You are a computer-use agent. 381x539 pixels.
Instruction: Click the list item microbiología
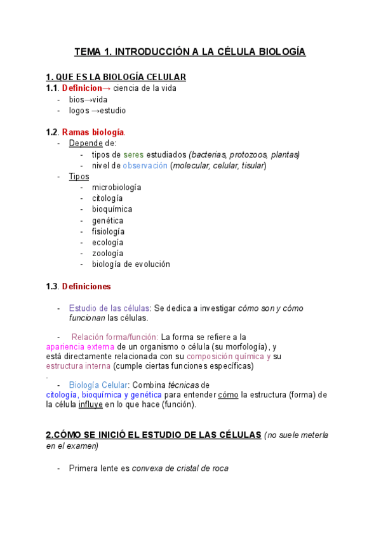116,188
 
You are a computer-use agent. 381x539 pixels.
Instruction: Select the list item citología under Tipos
107,198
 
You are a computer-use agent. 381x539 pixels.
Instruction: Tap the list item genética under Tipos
107,221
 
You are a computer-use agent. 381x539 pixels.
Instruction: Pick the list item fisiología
108,231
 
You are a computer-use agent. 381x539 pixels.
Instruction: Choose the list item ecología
107,242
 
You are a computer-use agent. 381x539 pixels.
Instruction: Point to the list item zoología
107,253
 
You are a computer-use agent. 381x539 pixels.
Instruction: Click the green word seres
133,154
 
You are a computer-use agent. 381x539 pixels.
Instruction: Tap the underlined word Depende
86,143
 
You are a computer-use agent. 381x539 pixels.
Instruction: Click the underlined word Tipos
79,176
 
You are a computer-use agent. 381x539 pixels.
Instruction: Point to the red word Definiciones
86,287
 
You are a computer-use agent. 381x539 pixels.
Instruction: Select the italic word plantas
284,154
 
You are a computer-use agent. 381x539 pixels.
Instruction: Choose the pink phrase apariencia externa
80,347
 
